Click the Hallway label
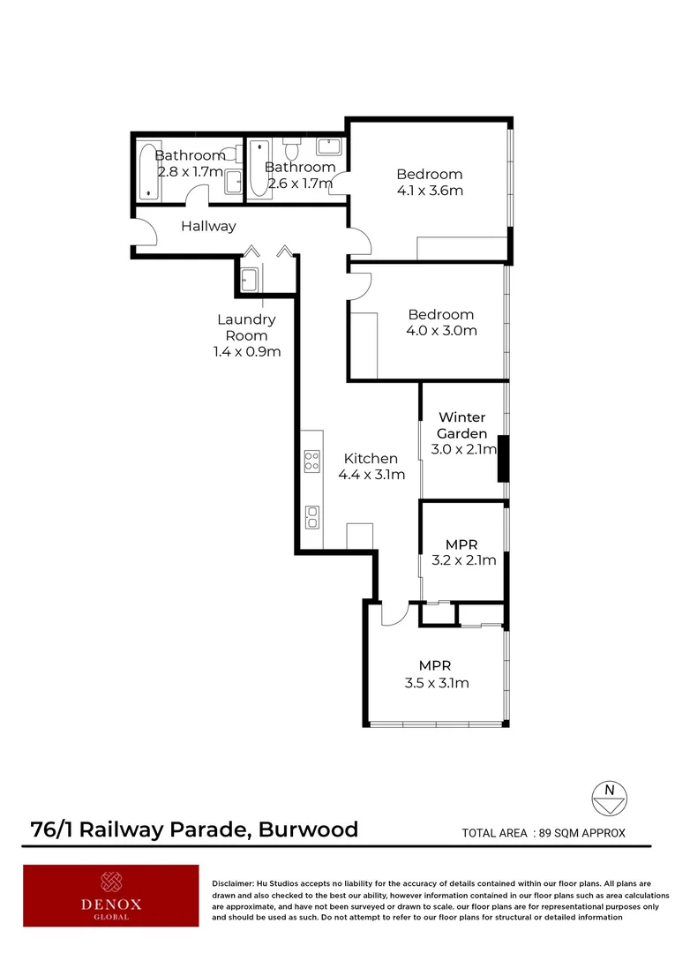208,226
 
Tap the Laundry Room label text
246,327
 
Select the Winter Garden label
461,425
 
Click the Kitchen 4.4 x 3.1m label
371,467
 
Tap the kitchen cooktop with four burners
311,460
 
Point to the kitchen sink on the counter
311,516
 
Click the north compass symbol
608,797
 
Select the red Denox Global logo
111,896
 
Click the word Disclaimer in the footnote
233,883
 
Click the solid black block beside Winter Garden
503,458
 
